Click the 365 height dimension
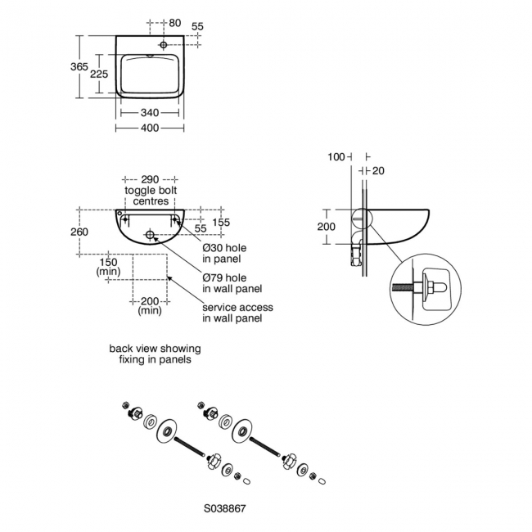[x=79, y=67]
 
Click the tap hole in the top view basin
[x=165, y=44]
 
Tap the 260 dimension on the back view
[x=79, y=231]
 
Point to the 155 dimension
[x=220, y=222]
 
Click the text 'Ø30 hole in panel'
[x=224, y=252]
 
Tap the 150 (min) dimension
[x=108, y=266]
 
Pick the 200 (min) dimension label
[x=150, y=306]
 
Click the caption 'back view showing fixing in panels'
[x=155, y=354]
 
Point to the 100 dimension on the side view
[x=336, y=156]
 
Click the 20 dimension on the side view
[x=377, y=170]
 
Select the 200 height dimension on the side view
[x=327, y=226]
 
